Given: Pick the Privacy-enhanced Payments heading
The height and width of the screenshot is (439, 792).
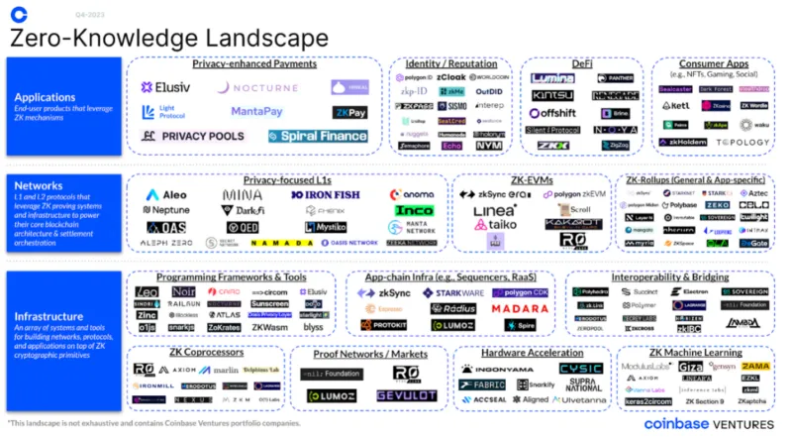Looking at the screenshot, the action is pos(254,64).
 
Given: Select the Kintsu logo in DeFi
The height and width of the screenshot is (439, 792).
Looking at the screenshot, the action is pos(552,95).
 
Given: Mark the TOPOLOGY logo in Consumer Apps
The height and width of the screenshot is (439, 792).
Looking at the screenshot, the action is pos(741,143).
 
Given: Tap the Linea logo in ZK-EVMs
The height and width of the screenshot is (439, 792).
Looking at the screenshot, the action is pos(494,211).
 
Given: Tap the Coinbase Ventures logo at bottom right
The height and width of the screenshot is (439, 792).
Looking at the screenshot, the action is pos(704,423).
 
